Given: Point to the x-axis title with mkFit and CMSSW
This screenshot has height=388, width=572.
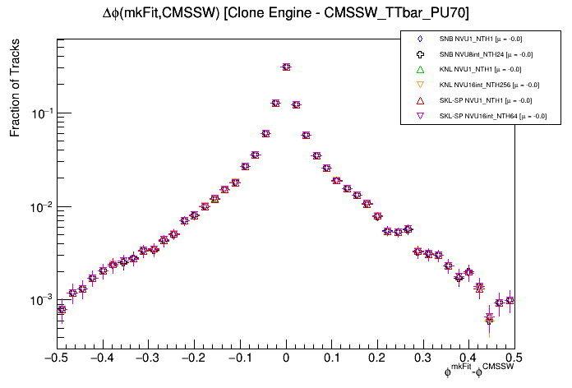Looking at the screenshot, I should [x=478, y=372].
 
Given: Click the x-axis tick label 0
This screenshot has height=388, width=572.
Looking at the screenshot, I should [x=286, y=358].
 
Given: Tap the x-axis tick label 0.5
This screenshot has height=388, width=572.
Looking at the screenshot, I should [x=514, y=358].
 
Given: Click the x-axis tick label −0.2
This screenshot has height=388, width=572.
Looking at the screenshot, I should [x=193, y=358].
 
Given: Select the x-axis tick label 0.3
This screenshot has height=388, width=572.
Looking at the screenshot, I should [x=422, y=358].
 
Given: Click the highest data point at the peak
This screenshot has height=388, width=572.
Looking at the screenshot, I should [x=286, y=67].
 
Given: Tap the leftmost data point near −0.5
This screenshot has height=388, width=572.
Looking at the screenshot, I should [x=62, y=309].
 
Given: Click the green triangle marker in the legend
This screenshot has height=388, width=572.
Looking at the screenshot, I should [x=419, y=69].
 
